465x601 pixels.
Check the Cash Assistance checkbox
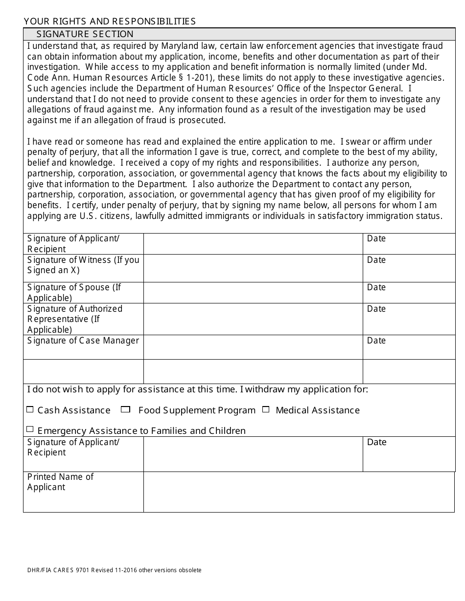click(x=30, y=409)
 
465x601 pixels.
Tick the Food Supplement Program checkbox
click(x=125, y=409)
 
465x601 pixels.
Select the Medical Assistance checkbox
click(x=266, y=409)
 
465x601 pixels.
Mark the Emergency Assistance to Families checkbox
click(x=30, y=429)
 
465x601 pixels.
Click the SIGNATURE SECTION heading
click(x=85, y=34)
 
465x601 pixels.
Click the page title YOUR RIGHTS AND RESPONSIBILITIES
click(x=109, y=21)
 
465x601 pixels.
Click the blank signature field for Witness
click(x=253, y=268)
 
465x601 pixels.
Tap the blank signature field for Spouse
click(x=253, y=293)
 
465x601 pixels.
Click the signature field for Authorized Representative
click(x=253, y=319)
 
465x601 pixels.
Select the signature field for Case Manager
click(x=253, y=347)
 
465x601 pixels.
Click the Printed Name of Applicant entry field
click(x=299, y=492)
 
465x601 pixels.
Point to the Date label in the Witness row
click(x=376, y=260)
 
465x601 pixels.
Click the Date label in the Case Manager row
click(x=376, y=341)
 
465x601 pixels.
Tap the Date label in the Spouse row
click(x=376, y=287)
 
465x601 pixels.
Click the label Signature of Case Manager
click(x=83, y=341)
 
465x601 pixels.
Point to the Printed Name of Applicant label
click(x=60, y=482)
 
